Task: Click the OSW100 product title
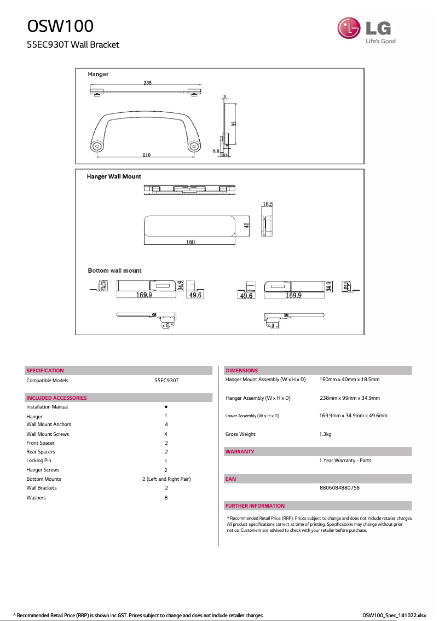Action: click(x=60, y=26)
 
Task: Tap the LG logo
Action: click(x=366, y=31)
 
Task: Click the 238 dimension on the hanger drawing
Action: click(x=148, y=83)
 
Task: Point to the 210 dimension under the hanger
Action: click(x=147, y=155)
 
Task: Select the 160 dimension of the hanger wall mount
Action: click(x=190, y=242)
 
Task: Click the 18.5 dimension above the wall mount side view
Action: click(x=268, y=204)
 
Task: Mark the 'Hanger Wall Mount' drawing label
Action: click(x=114, y=176)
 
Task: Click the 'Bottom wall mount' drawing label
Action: click(x=114, y=271)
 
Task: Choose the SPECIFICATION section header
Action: click(x=45, y=371)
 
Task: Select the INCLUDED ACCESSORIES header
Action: click(x=56, y=398)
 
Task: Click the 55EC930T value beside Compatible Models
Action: click(x=166, y=380)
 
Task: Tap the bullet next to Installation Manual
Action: click(x=166, y=407)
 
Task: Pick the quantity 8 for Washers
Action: click(x=166, y=498)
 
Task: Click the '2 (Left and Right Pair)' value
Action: click(x=166, y=479)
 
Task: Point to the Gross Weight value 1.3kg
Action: click(x=325, y=434)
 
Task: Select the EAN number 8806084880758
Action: click(x=339, y=488)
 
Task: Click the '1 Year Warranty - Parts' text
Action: click(x=345, y=461)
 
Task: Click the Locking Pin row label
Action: click(x=39, y=461)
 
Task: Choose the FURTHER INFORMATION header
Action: click(x=255, y=506)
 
